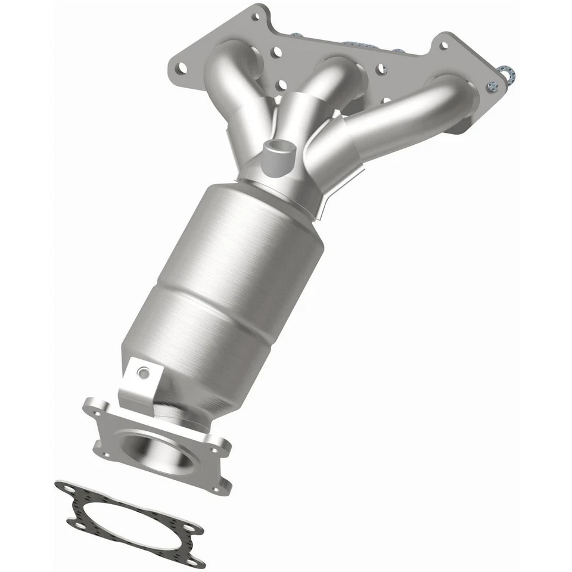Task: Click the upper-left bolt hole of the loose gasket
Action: [x=61, y=488]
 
